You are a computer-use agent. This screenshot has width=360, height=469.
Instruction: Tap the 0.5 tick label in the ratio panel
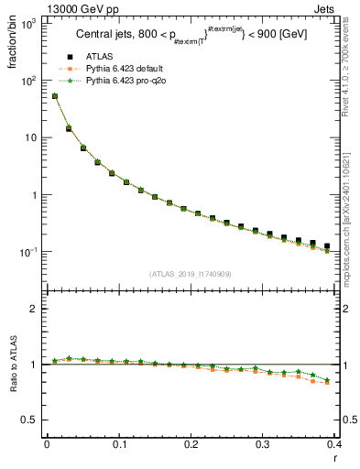click(28, 420)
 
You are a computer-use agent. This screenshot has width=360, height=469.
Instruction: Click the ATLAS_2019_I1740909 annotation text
click(191, 273)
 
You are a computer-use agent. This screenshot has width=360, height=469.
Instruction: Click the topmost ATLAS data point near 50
click(55, 95)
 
